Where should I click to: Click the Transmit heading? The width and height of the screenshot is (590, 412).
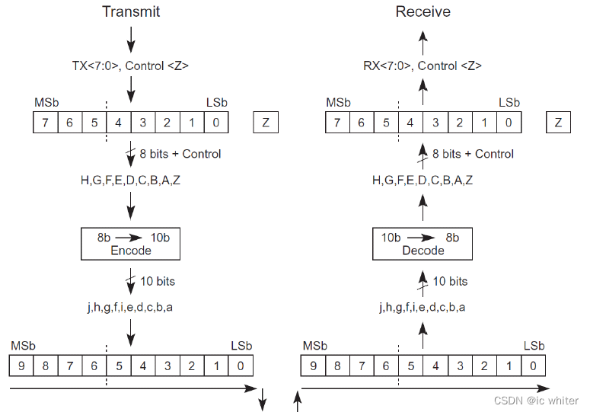tap(131, 12)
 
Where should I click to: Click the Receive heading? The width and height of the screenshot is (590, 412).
tap(423, 12)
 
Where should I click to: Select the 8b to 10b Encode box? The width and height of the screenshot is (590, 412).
tap(130, 244)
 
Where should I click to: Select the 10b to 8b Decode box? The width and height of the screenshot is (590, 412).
tap(423, 244)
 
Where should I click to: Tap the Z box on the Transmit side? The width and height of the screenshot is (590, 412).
tap(266, 123)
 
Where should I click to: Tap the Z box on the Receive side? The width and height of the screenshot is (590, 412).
tap(558, 123)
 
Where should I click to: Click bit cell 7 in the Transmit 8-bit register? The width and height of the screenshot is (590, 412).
tap(46, 123)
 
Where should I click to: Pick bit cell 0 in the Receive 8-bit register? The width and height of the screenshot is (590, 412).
tap(509, 123)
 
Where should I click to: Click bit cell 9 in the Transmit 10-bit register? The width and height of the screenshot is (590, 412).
tap(21, 366)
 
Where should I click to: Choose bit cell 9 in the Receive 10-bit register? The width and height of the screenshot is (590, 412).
tap(314, 366)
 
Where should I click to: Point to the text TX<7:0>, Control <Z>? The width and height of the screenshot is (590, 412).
tap(130, 66)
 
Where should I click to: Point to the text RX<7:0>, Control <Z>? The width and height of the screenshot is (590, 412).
tap(423, 66)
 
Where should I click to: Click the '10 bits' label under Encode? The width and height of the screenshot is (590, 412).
tap(157, 282)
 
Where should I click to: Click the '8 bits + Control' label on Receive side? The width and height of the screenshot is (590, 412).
tap(473, 154)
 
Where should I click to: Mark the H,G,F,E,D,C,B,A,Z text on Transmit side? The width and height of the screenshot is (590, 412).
tap(130, 180)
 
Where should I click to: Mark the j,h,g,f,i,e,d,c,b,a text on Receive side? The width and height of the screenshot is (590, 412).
tap(423, 308)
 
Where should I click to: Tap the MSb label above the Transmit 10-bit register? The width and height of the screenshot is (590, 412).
tap(21, 346)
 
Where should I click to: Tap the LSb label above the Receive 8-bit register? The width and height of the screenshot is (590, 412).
tap(509, 103)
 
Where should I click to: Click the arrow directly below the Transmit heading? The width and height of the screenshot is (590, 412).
tap(130, 38)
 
